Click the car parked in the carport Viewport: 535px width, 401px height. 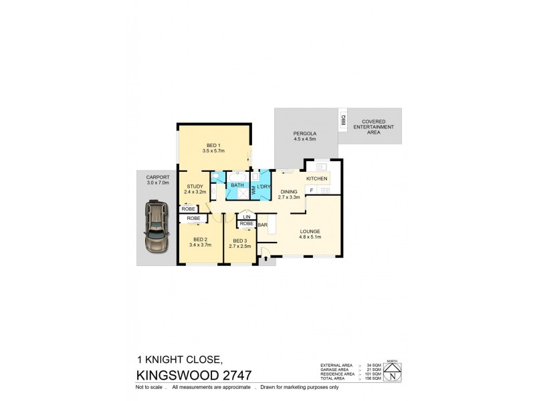154,229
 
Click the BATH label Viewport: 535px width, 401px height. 237,186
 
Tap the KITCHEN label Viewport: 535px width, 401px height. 316,179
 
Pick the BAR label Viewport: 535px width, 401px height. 262,225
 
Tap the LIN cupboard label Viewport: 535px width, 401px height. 246,217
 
